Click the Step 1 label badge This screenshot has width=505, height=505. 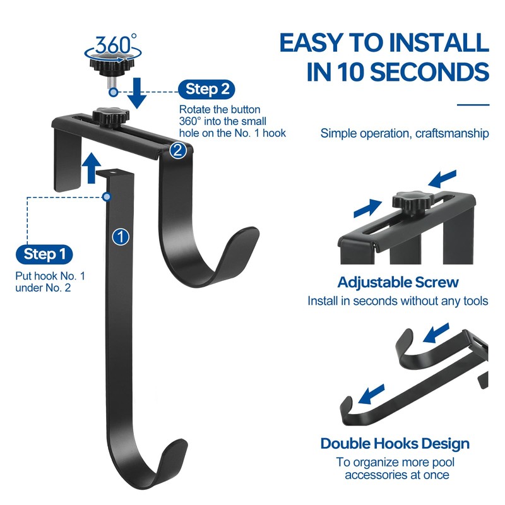pos(44,255)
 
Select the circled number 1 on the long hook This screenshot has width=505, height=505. pos(120,237)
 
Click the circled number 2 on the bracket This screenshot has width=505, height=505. pos(178,150)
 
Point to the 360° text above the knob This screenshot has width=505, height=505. pos(116,45)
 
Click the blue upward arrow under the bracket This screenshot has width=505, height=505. pos(93,167)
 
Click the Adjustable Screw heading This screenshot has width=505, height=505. pos(398,282)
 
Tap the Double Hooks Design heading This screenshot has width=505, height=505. pos(395,443)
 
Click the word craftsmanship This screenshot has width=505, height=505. pos(450,133)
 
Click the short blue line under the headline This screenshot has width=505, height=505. pos(473,105)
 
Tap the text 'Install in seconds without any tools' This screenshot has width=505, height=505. pos(398,301)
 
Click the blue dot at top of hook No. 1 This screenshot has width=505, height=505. pos(109,197)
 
